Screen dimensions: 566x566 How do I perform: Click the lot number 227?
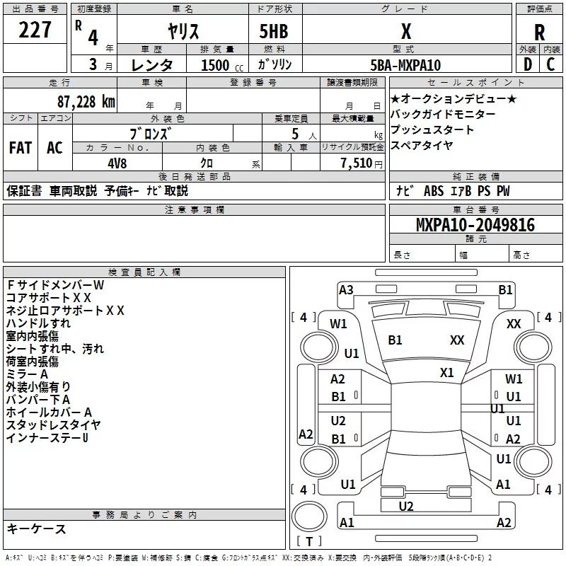pyautogui.click(x=35, y=30)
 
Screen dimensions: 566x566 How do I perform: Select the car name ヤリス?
pyautogui.click(x=183, y=31)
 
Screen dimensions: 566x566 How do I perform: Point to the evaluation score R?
pyautogui.click(x=540, y=33)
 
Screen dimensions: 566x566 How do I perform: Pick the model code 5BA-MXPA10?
pyautogui.click(x=405, y=65)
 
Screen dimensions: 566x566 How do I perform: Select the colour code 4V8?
pyautogui.click(x=118, y=162)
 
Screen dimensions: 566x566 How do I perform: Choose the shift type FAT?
pyautogui.click(x=20, y=148)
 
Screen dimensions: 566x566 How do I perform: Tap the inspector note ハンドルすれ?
pyautogui.click(x=38, y=323)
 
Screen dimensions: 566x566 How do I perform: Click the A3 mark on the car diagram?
pyautogui.click(x=346, y=289)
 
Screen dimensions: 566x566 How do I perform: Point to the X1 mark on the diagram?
pyautogui.click(x=446, y=372)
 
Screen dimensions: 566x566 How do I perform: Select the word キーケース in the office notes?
pyautogui.click(x=36, y=529)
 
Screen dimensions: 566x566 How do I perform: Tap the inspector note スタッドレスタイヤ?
pyautogui.click(x=53, y=425)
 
